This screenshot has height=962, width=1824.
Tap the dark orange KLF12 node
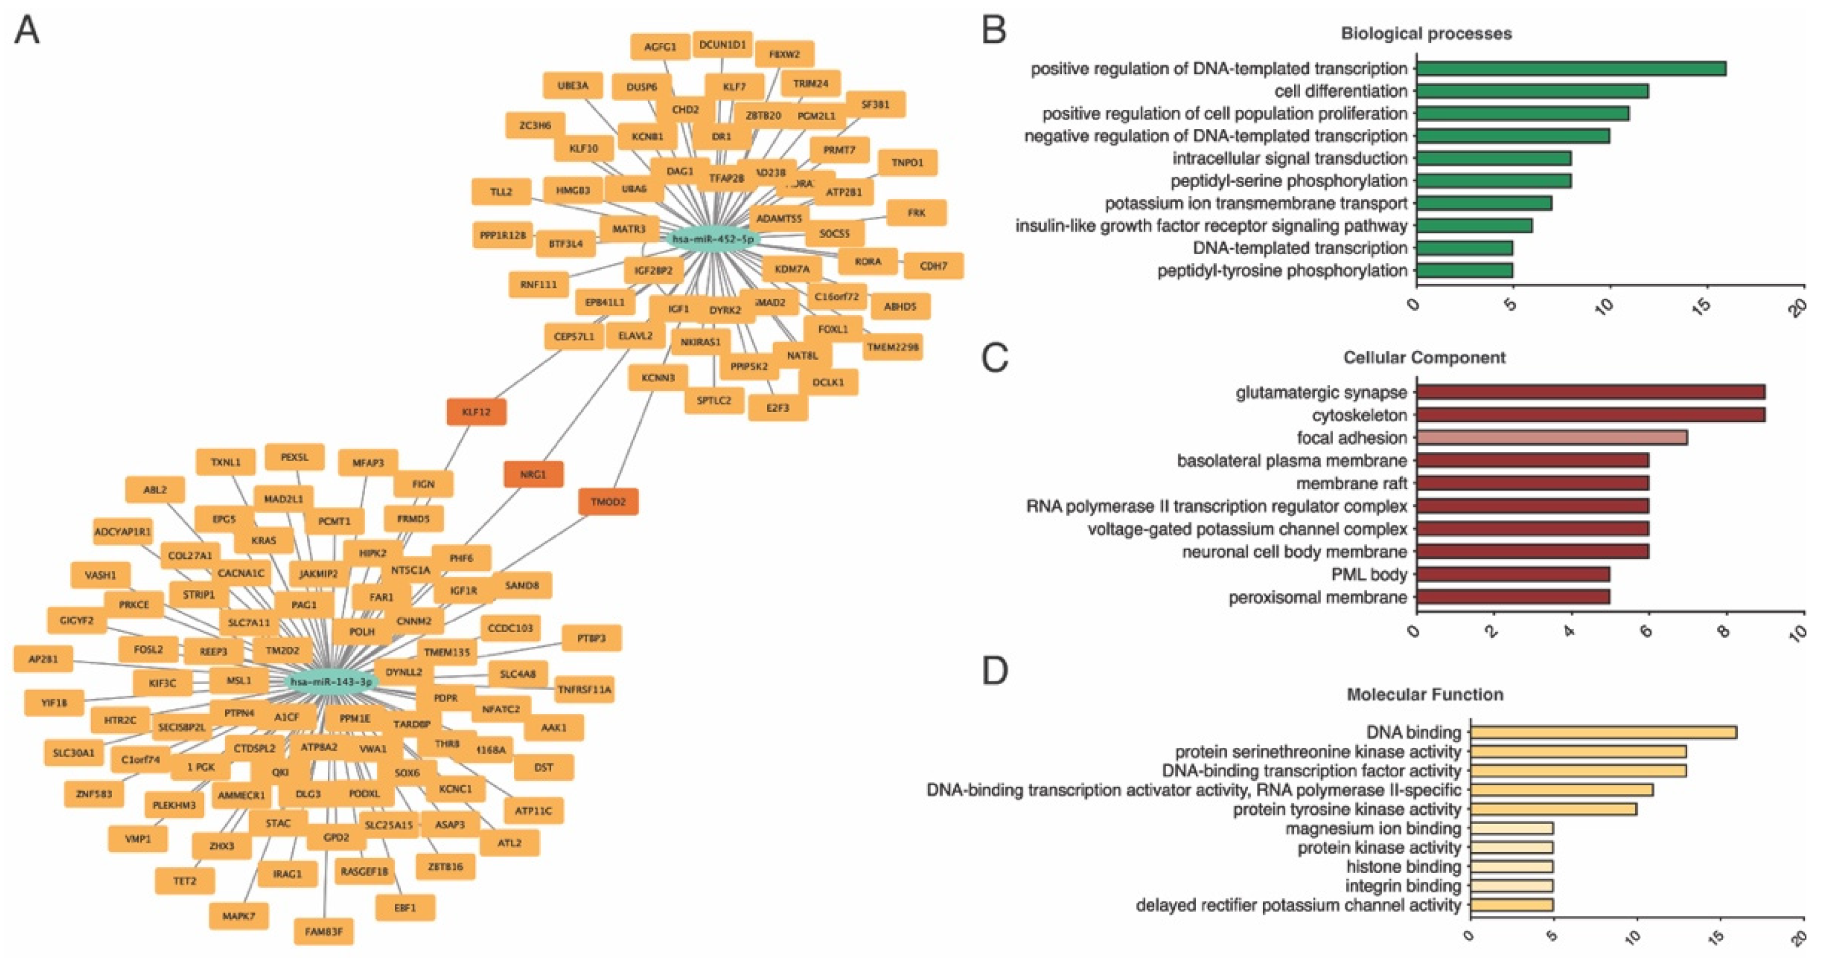pyautogui.click(x=476, y=412)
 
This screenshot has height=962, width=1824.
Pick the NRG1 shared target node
pyautogui.click(x=533, y=474)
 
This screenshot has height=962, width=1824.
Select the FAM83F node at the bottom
pyautogui.click(x=323, y=932)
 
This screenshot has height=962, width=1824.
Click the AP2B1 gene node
pyautogui.click(x=43, y=659)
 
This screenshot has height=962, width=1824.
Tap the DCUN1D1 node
pyautogui.click(x=722, y=44)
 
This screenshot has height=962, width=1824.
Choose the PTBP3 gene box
pyautogui.click(x=591, y=638)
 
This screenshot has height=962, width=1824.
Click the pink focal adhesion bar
pyautogui.click(x=1551, y=438)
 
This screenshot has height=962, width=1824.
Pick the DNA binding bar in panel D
pyautogui.click(x=1603, y=732)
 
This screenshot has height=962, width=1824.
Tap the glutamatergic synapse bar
pyautogui.click(x=1590, y=392)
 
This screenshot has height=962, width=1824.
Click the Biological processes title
pyautogui.click(x=1425, y=33)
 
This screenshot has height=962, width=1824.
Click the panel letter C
pyautogui.click(x=994, y=358)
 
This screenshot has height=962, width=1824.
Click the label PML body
pyautogui.click(x=1369, y=574)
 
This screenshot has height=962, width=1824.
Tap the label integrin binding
pyautogui.click(x=1403, y=886)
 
